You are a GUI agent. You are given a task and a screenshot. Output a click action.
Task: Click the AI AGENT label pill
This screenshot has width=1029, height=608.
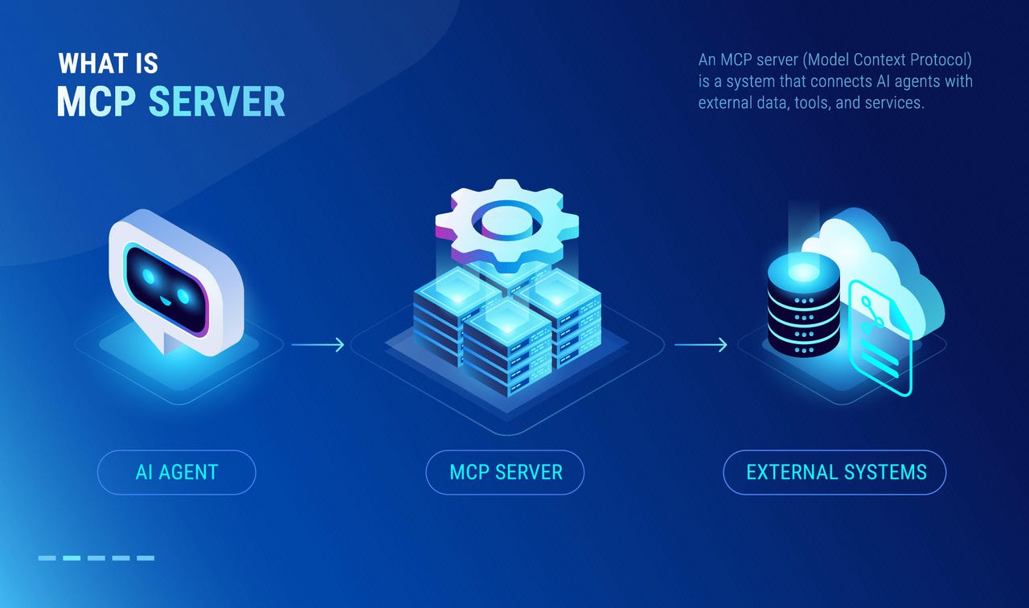(176, 472)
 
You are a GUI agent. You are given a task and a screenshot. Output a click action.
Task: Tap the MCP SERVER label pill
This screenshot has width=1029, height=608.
(505, 472)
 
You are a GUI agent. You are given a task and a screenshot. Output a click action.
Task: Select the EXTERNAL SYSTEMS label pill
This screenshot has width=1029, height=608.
(834, 472)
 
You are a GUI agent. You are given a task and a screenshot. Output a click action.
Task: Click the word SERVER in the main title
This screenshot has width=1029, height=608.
(217, 102)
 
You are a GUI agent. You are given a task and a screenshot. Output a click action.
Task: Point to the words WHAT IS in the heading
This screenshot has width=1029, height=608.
(108, 64)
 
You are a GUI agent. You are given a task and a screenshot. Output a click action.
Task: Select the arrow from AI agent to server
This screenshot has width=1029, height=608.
(318, 345)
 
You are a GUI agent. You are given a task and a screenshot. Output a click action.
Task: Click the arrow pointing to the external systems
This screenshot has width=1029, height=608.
(700, 345)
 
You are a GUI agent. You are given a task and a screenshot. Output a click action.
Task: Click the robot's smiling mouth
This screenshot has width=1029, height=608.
(167, 302)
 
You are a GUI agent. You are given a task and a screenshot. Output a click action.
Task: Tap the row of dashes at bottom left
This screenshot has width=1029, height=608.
(96, 557)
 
